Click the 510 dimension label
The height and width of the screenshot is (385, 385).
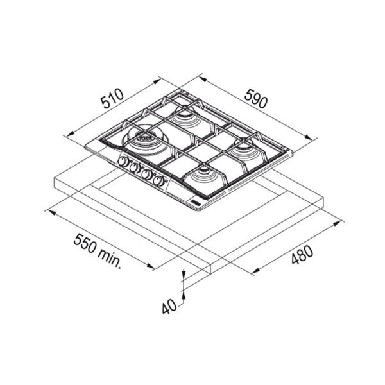[113, 98]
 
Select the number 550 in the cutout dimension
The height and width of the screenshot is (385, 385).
[85, 243]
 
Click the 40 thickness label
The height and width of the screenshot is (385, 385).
[169, 307]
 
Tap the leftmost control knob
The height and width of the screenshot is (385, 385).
[123, 161]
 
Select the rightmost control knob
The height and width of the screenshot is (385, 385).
[158, 181]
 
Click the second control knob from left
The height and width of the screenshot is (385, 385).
[135, 167]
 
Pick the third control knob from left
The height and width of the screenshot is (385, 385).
[146, 175]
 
